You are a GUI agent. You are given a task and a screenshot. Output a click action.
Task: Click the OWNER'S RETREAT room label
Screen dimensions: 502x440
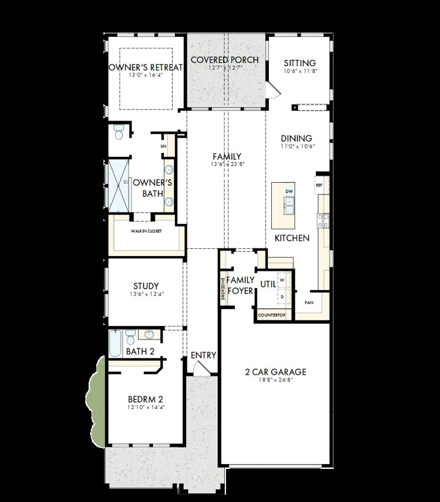(x=146, y=67)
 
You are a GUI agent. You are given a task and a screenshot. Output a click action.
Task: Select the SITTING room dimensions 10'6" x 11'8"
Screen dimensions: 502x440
(x=301, y=71)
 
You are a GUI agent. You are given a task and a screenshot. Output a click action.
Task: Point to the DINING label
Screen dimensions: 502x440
(x=296, y=138)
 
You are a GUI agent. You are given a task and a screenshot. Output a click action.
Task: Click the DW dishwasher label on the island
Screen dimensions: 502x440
(x=289, y=191)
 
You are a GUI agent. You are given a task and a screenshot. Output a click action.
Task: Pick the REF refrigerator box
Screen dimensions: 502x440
(x=319, y=185)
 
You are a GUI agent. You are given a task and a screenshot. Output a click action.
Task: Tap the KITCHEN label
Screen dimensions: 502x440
(x=292, y=238)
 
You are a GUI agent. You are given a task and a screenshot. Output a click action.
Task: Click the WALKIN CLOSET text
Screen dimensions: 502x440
(x=146, y=231)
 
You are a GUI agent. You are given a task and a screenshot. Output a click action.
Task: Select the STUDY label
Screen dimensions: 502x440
(x=146, y=286)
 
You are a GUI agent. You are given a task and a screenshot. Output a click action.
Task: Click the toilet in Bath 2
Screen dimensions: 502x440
(x=131, y=335)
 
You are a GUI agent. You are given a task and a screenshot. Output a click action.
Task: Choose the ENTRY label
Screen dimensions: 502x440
(x=203, y=355)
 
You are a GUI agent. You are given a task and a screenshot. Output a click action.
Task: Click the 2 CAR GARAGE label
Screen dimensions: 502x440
(x=276, y=372)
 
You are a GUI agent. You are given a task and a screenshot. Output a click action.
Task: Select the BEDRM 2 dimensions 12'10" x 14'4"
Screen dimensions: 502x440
(x=146, y=407)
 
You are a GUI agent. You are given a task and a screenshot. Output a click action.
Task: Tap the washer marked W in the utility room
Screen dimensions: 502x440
(x=282, y=280)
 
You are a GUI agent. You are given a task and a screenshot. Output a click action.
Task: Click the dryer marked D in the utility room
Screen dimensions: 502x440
(x=282, y=297)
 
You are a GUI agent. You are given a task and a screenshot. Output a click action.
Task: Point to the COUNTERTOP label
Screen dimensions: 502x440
(x=272, y=315)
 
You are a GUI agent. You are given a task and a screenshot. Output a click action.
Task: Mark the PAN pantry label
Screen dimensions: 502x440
(x=309, y=303)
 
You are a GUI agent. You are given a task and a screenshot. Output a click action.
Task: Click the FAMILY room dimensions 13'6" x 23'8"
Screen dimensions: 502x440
(x=226, y=165)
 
